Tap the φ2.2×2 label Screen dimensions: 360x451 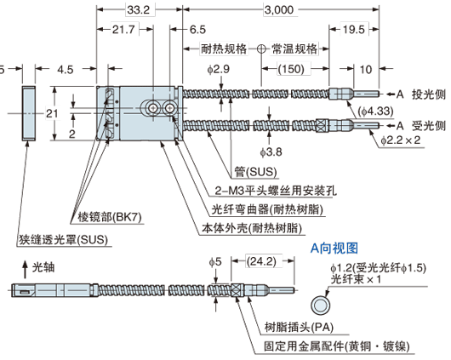398,140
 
